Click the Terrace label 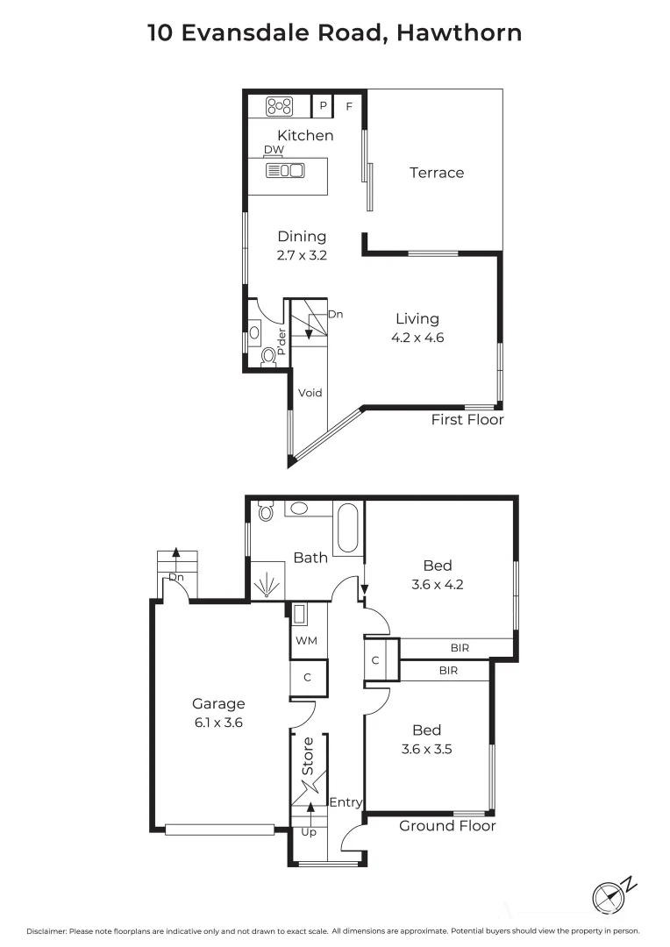coord(437,173)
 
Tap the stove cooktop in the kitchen coord(280,107)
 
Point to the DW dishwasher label coord(274,150)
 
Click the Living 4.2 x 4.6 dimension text coord(417,338)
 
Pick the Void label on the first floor coord(310,393)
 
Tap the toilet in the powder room coord(268,355)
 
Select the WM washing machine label coord(306,641)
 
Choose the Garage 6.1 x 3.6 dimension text coord(218,723)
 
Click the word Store coord(308,757)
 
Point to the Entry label coord(346,802)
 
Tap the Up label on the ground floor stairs coord(309,831)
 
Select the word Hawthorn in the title coord(460,33)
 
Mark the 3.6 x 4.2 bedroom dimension coord(437,585)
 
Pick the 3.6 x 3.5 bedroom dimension coord(426,750)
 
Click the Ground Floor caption coord(447,826)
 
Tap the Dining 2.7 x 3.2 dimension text coord(302,255)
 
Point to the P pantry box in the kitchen coord(323,107)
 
